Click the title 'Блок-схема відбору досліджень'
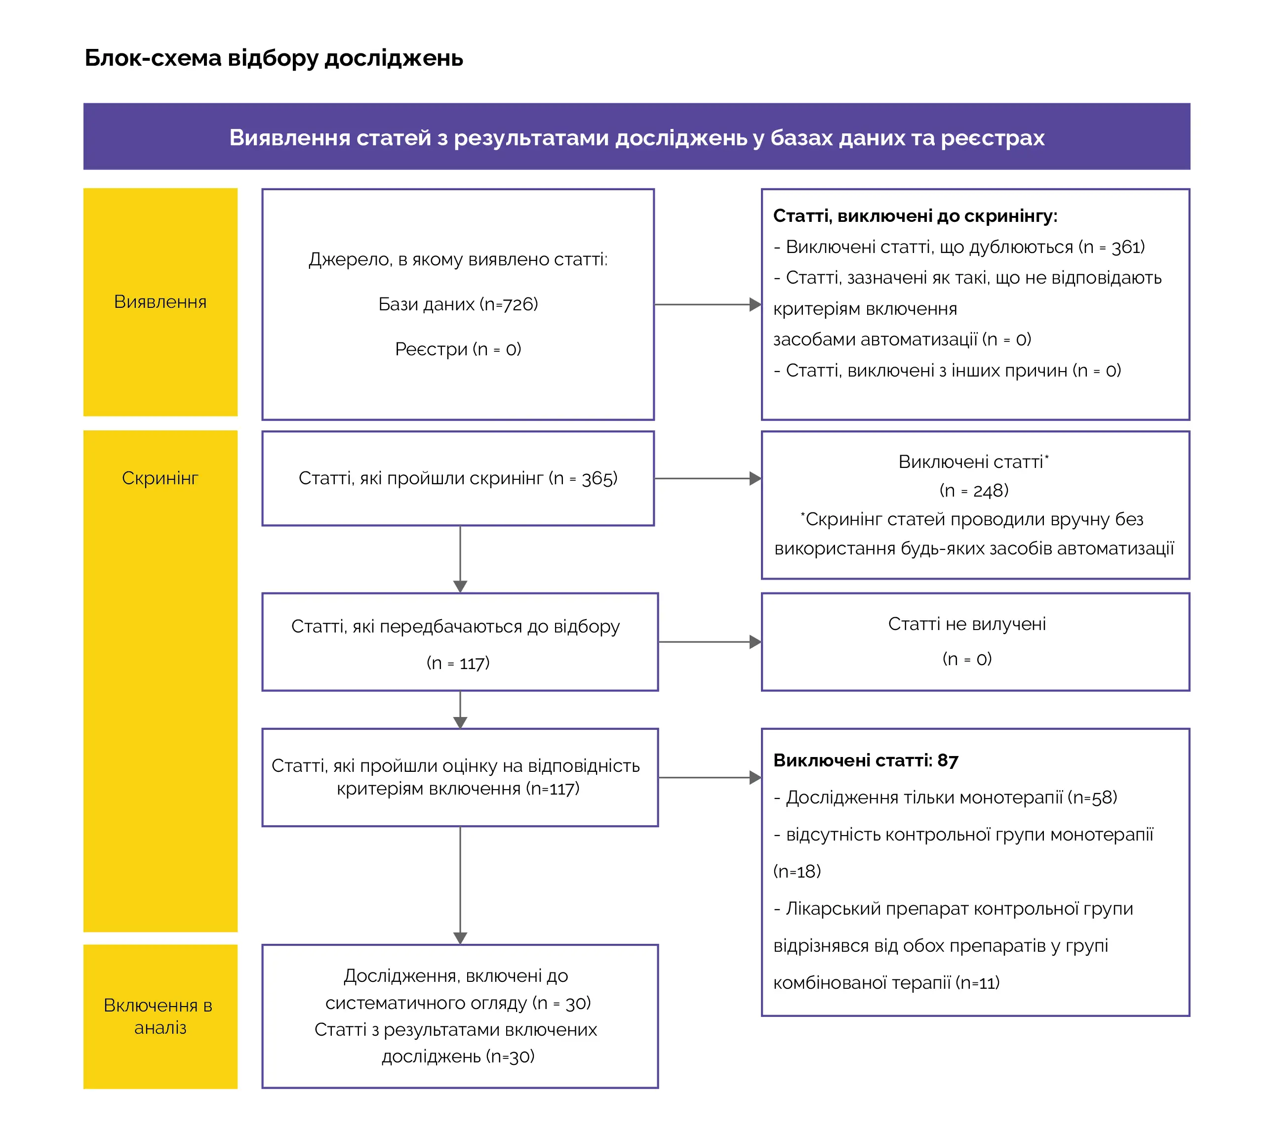(x=273, y=58)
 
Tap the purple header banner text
(x=636, y=137)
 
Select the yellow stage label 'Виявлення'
(x=160, y=302)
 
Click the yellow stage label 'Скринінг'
(x=160, y=478)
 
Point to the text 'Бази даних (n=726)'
(x=458, y=304)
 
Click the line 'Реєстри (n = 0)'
(x=458, y=349)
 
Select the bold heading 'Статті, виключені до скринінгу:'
(x=915, y=216)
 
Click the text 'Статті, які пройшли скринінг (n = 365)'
(x=458, y=478)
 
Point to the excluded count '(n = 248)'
(x=973, y=491)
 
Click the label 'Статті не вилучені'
(x=966, y=624)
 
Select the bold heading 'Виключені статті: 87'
(x=865, y=760)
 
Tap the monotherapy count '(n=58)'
(x=1092, y=798)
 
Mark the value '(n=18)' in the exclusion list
(x=796, y=872)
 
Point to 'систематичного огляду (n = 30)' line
(x=458, y=1003)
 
